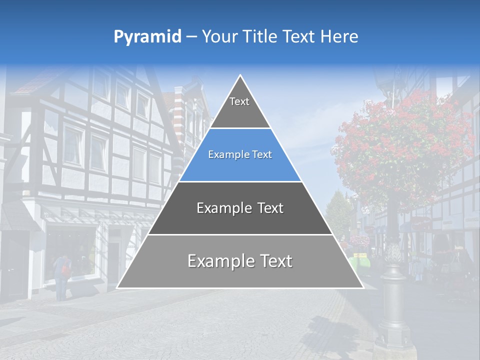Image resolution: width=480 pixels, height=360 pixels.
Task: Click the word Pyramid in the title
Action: [147, 37]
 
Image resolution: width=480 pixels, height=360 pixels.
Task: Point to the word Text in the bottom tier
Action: [272, 261]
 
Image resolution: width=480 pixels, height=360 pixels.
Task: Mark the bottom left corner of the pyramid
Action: [117, 287]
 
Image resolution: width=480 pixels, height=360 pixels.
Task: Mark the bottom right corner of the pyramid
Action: [363, 287]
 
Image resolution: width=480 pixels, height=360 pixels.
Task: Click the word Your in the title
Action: [218, 37]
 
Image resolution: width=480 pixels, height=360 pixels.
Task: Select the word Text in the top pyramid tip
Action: [239, 102]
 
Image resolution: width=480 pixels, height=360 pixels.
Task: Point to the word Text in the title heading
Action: [299, 37]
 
